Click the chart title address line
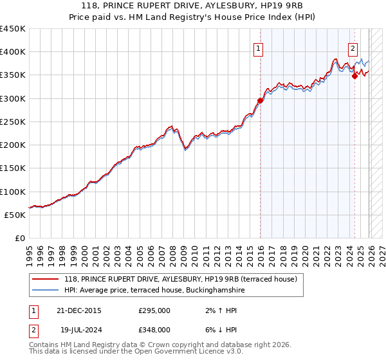coord(193,6)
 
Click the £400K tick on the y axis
coord(12,52)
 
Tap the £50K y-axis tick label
coord(15,215)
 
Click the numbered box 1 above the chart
coord(258,48)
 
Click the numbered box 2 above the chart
coord(353,48)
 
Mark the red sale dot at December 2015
coord(261,100)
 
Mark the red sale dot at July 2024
coord(354,76)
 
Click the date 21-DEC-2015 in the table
coord(78,310)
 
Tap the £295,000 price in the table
coord(154,310)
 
